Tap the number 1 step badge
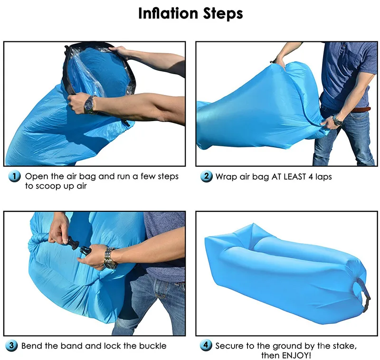point(15,177)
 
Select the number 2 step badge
point(206,177)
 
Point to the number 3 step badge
point(12,346)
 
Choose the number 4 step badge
point(206,346)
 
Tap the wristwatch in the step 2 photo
point(337,121)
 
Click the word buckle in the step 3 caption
point(152,346)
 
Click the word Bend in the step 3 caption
point(32,346)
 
